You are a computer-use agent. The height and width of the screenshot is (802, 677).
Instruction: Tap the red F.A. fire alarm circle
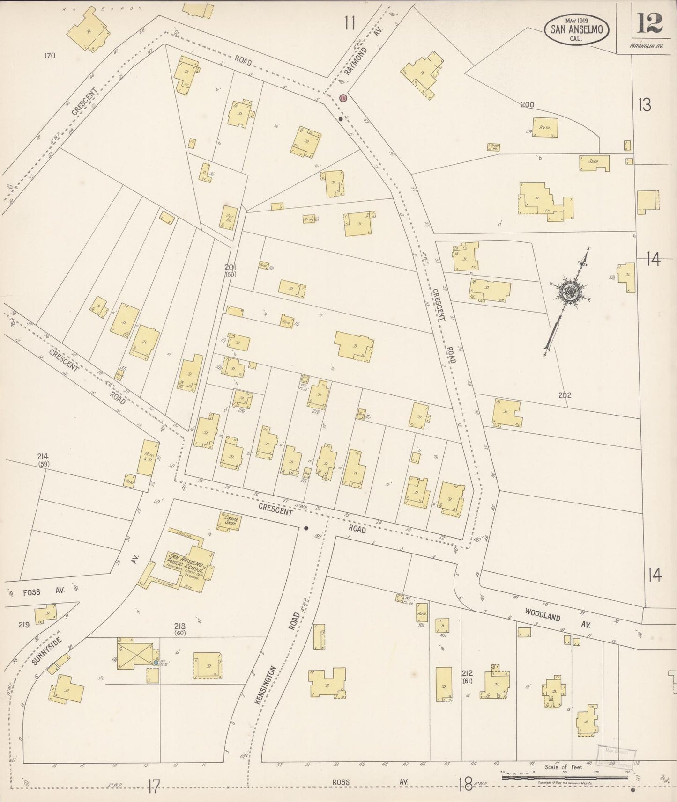pos(343,98)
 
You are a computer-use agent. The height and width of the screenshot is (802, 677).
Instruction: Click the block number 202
pos(565,395)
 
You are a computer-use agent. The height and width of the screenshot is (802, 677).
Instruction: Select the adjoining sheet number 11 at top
pos(349,22)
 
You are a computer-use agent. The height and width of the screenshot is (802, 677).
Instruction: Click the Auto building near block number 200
pos(545,127)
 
